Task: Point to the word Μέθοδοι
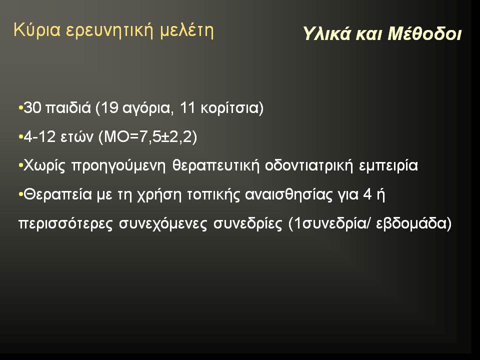(x=424, y=33)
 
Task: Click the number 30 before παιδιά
(x=32, y=108)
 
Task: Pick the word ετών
(x=77, y=137)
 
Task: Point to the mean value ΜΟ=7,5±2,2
(x=147, y=136)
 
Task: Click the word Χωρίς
(x=44, y=166)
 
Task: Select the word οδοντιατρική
(x=309, y=165)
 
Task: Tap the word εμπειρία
(x=388, y=166)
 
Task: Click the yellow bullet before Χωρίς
(x=20, y=165)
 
